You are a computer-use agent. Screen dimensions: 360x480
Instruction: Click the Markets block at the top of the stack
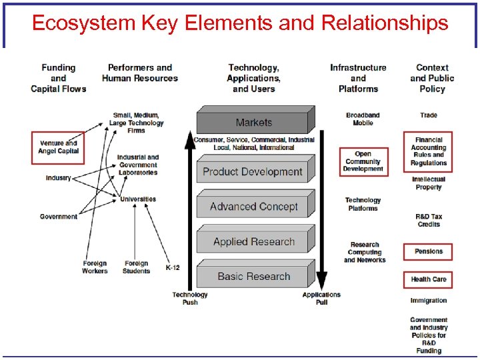[253, 123]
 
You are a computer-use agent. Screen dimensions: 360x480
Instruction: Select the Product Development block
[253, 172]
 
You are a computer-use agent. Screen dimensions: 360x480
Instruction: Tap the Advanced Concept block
[253, 207]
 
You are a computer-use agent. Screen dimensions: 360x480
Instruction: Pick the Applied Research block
[253, 242]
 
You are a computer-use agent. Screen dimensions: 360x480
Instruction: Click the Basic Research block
[253, 277]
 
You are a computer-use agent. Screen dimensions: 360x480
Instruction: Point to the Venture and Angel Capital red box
[59, 147]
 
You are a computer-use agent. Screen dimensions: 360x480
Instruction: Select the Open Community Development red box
[363, 162]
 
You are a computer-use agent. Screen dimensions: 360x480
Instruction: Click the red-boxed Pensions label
[428, 251]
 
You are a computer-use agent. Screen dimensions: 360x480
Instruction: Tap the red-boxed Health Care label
[428, 279]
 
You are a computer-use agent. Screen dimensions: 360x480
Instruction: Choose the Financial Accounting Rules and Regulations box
[428, 151]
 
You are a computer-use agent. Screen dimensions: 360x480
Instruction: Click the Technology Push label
[190, 298]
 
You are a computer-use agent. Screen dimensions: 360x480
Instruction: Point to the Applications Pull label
[321, 298]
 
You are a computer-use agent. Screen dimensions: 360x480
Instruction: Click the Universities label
[138, 199]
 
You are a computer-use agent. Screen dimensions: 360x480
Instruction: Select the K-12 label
[172, 267]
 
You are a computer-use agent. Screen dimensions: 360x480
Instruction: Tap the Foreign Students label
[136, 267]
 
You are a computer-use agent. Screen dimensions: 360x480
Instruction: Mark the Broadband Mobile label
[363, 119]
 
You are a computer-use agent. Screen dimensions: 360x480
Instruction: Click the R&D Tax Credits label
[429, 221]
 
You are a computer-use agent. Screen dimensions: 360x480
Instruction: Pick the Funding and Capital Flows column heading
[59, 78]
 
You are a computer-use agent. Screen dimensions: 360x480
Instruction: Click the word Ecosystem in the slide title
[83, 23]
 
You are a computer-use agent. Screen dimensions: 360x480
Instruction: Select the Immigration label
[429, 301]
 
